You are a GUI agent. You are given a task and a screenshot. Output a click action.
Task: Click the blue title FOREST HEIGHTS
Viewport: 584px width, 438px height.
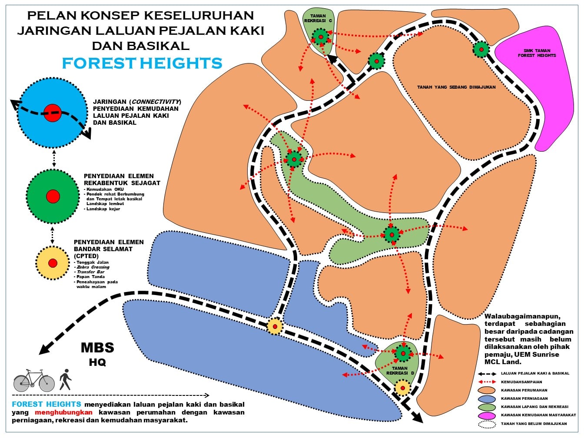[142, 63]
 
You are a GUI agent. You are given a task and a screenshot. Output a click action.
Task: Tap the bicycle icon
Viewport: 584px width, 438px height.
[34, 381]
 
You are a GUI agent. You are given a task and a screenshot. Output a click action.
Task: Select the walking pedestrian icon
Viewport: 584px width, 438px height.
[65, 379]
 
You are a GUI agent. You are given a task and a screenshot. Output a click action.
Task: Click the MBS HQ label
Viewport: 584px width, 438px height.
[97, 354]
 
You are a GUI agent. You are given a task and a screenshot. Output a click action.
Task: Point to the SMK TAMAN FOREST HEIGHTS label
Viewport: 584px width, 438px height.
[537, 53]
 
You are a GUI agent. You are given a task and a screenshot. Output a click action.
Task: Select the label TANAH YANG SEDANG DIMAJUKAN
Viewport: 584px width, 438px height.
[456, 87]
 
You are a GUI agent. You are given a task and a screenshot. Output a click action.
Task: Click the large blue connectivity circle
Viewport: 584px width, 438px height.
[53, 112]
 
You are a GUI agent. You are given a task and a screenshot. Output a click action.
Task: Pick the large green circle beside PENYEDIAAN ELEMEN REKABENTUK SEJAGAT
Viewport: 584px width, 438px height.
[53, 196]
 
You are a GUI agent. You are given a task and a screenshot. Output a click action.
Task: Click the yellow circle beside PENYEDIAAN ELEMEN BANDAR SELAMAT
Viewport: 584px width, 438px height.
[53, 263]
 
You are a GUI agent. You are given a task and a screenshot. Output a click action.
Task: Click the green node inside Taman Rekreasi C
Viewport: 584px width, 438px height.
[321, 37]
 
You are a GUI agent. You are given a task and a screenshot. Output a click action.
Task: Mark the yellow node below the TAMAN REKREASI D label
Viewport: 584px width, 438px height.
[403, 388]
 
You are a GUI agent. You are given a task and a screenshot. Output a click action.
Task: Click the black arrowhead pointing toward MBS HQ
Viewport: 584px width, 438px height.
[45, 348]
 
